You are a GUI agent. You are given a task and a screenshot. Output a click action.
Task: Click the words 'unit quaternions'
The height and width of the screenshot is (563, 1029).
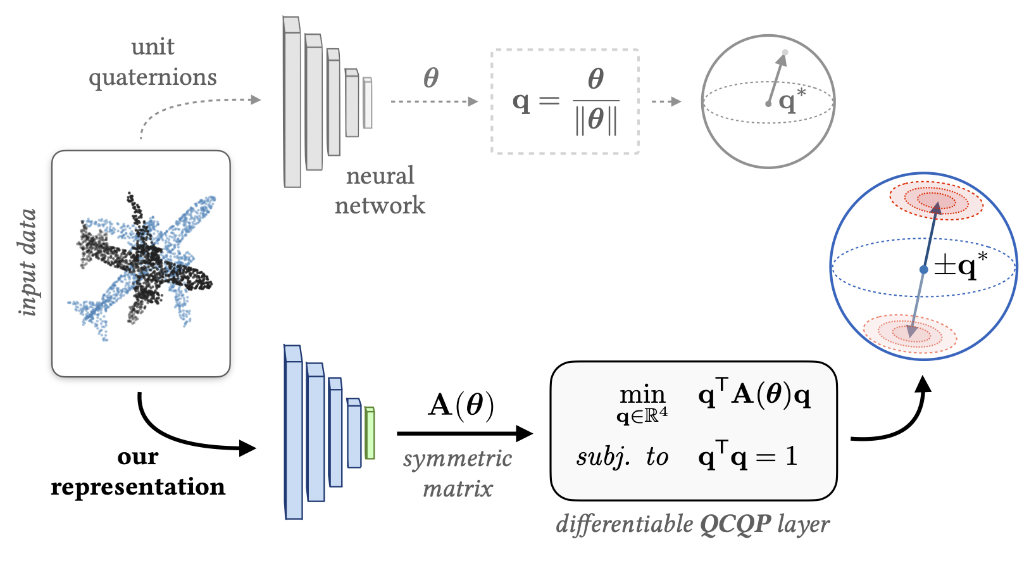click(153, 62)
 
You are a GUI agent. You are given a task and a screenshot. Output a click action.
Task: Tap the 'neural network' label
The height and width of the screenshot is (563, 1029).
click(380, 190)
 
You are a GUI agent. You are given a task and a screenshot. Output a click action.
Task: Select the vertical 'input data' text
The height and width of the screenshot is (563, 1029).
click(28, 262)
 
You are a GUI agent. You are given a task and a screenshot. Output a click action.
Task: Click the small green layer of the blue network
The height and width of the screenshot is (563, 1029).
click(370, 433)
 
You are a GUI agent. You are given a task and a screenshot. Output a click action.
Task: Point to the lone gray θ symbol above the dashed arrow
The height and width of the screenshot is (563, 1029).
click(431, 78)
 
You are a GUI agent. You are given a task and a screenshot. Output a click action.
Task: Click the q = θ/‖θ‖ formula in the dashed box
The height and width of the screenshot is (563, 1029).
click(565, 101)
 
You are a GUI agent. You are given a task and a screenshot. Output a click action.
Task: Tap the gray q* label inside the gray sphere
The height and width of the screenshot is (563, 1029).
click(792, 100)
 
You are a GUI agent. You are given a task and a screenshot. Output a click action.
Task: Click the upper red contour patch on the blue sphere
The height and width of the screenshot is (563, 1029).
click(937, 201)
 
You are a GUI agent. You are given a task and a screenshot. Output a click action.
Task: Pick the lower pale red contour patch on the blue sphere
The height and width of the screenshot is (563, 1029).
click(910, 332)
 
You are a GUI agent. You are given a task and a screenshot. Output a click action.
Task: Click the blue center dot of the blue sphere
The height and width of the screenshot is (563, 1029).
click(924, 270)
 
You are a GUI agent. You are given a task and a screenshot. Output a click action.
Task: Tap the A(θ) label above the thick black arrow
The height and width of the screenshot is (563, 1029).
click(461, 405)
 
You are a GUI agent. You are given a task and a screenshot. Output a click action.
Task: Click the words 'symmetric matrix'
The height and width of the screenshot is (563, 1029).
click(458, 473)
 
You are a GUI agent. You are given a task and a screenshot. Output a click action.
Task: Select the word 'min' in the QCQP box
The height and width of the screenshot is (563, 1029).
click(642, 395)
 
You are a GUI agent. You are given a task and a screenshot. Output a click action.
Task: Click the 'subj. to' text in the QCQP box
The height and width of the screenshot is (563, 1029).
click(622, 456)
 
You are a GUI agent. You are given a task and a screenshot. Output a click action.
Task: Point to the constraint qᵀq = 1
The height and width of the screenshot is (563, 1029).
click(747, 456)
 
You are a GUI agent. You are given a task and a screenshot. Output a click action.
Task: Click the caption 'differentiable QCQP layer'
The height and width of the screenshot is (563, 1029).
click(692, 524)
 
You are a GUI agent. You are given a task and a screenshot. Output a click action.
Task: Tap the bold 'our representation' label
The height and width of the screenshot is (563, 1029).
click(138, 472)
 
